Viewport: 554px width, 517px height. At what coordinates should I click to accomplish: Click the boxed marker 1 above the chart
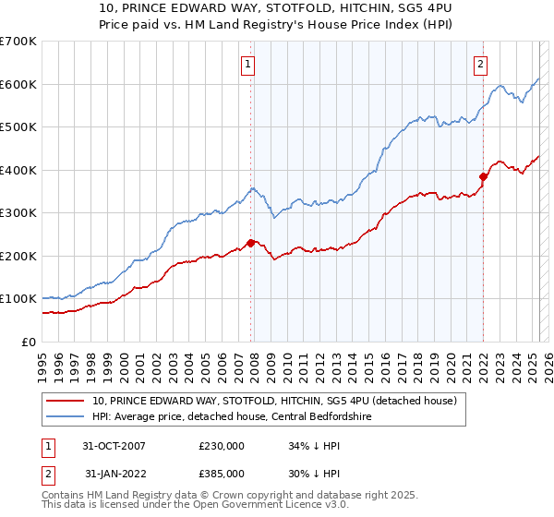click(249, 64)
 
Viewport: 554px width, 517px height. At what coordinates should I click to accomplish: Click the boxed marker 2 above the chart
click(482, 64)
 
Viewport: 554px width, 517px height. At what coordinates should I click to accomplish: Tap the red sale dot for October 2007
click(251, 243)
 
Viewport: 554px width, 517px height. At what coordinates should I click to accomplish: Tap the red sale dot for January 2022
click(483, 176)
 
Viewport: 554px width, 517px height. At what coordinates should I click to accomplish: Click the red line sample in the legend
click(65, 401)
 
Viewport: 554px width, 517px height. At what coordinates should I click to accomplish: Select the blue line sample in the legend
click(65, 416)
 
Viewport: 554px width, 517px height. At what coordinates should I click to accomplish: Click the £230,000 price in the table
click(222, 445)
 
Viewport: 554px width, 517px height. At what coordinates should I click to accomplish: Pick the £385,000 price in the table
click(222, 473)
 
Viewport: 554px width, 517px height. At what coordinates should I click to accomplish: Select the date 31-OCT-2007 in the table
click(114, 445)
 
